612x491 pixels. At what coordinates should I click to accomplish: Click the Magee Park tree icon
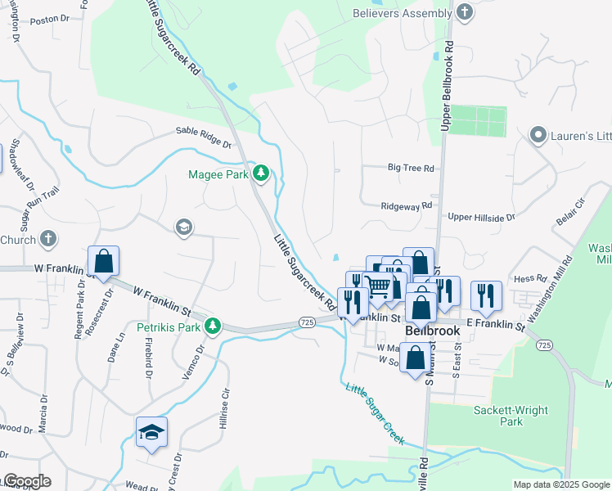coord(261,172)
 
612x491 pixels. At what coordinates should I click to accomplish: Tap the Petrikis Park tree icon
coord(213,327)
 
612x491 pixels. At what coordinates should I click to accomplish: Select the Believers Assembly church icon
coord(465,12)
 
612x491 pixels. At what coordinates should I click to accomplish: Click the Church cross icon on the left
coord(48,239)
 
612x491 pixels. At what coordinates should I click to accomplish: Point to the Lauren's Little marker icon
coord(538,134)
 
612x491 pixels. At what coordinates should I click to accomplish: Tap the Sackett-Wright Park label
coord(510,415)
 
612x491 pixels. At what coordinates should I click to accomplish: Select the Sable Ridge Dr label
coord(205,137)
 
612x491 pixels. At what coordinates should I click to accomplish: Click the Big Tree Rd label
coord(411,168)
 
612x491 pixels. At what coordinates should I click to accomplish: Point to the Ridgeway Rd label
coord(406,207)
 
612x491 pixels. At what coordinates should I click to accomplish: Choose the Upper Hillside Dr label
coord(481,218)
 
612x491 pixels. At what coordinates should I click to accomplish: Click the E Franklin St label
coord(494,326)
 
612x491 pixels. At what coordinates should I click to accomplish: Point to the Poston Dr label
coord(47,20)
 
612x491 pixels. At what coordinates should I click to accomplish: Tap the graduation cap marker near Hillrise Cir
coord(151,431)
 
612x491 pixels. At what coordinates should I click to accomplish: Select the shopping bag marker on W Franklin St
coord(104,262)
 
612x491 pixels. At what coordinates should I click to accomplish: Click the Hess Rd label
coord(529,279)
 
